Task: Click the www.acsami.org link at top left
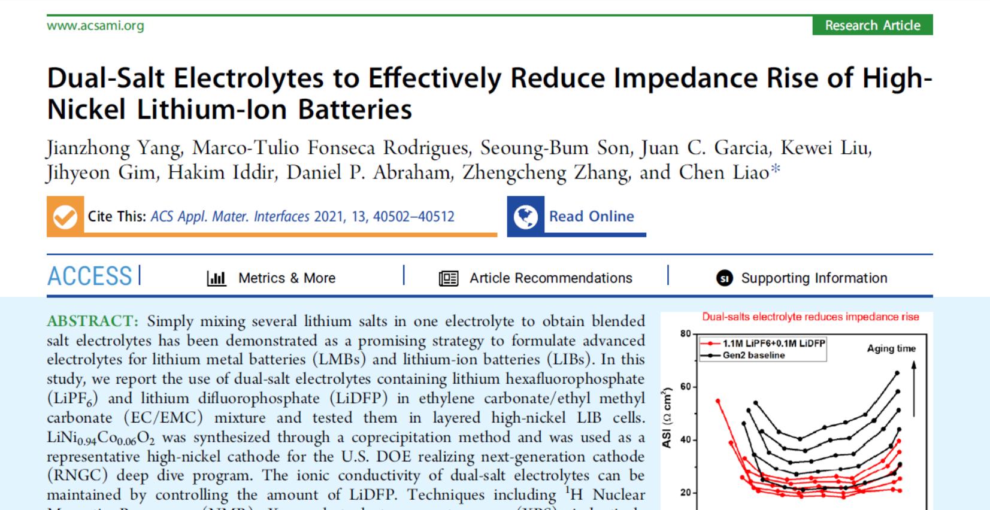tap(95, 26)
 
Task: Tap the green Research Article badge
tap(872, 25)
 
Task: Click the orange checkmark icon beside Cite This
tap(65, 216)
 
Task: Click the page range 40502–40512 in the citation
tap(413, 216)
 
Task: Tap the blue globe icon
tap(525, 216)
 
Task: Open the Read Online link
tap(591, 216)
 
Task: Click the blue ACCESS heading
tap(90, 277)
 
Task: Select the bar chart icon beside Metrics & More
tap(216, 278)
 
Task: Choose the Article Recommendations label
tap(550, 278)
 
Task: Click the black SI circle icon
tap(725, 278)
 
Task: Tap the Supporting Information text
tap(814, 278)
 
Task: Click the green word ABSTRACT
tap(93, 321)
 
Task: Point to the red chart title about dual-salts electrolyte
tap(810, 317)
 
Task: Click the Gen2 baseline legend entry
tap(753, 355)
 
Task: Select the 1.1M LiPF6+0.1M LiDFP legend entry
tap(773, 344)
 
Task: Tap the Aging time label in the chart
tap(891, 348)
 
